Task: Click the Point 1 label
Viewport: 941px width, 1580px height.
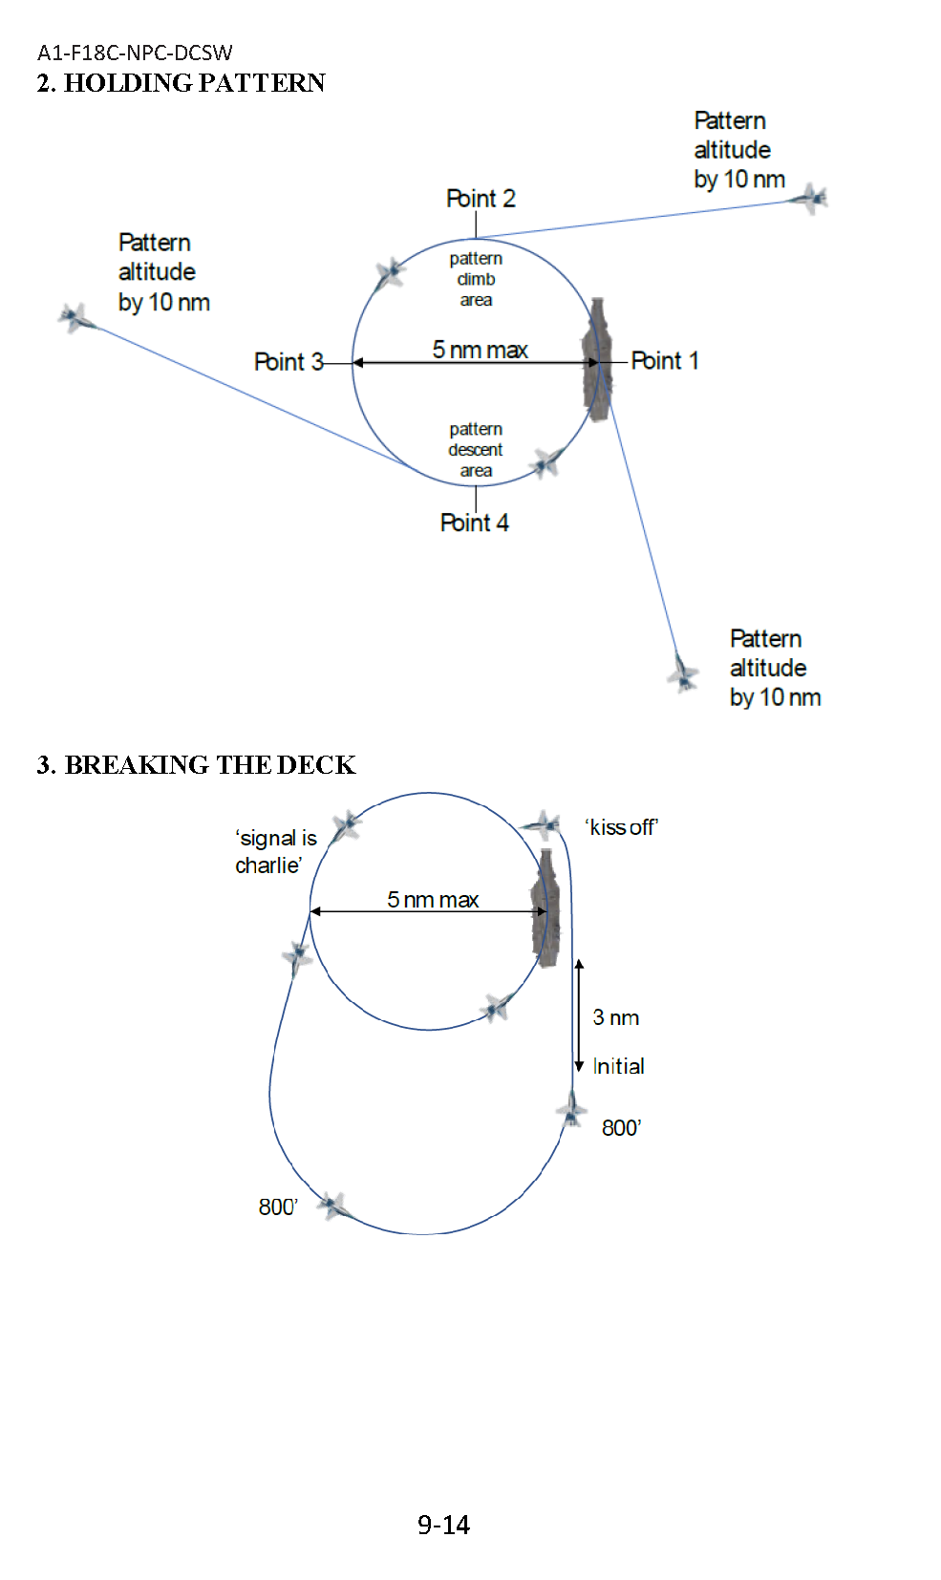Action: tap(665, 361)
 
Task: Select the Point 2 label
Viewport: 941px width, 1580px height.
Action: tap(481, 199)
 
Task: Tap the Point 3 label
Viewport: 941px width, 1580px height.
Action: tap(288, 362)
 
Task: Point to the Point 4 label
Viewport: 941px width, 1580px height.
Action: tap(474, 523)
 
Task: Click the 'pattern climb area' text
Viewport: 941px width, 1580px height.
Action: tap(476, 279)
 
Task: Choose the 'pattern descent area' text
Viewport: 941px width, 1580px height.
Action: tap(476, 450)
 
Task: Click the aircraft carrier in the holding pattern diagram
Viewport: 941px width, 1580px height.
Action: tap(597, 359)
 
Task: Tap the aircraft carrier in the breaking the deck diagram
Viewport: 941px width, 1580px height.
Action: tap(546, 908)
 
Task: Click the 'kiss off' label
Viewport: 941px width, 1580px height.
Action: tap(622, 827)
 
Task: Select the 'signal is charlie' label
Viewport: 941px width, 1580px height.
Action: tap(275, 851)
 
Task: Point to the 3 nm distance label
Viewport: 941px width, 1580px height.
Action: tap(615, 1017)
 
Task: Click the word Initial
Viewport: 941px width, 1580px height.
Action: tap(618, 1066)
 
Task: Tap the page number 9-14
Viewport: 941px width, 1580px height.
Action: tap(443, 1525)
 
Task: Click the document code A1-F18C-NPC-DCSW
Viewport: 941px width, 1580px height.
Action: tap(135, 53)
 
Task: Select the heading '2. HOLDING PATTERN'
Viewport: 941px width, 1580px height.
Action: tap(181, 83)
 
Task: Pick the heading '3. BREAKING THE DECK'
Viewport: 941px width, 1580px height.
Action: tap(196, 765)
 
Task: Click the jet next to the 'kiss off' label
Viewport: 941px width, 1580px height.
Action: tap(543, 824)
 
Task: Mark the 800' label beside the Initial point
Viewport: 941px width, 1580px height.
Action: tap(621, 1128)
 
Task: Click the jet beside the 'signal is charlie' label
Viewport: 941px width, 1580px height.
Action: tap(346, 824)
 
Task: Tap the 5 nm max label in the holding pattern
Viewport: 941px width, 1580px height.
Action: tap(480, 350)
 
